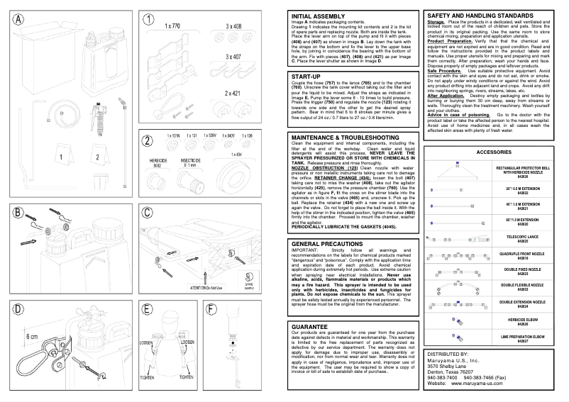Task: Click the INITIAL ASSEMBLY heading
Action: click(317, 16)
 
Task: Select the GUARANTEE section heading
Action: click(309, 327)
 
